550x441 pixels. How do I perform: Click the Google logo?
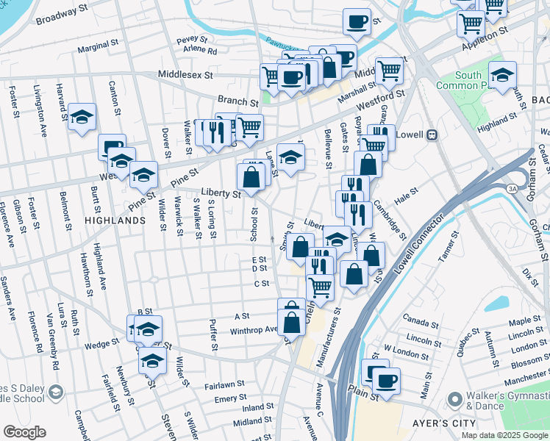pyautogui.click(x=24, y=432)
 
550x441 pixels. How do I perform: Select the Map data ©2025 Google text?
pyautogui.click(x=504, y=435)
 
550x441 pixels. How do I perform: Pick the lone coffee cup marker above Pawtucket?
pyautogui.click(x=357, y=21)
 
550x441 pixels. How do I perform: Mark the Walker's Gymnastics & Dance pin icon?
pyautogui.click(x=454, y=401)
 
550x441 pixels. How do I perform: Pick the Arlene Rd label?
pyautogui.click(x=200, y=51)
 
